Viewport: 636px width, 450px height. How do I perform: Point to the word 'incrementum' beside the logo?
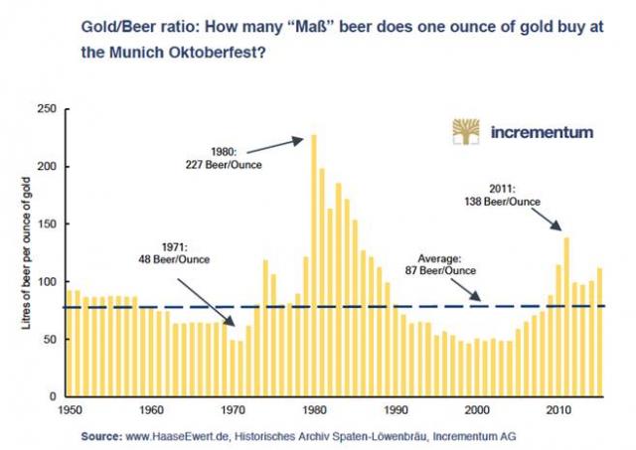pyautogui.click(x=543, y=132)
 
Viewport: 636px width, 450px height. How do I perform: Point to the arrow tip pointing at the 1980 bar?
pyautogui.click(x=306, y=138)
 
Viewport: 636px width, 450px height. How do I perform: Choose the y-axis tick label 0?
pyautogui.click(x=54, y=397)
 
